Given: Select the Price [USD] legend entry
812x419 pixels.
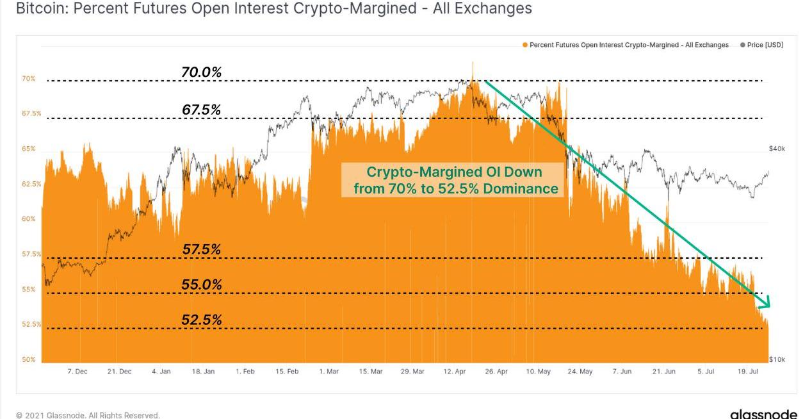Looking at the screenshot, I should pyautogui.click(x=761, y=45).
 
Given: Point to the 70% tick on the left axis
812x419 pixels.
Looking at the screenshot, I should pyautogui.click(x=29, y=79).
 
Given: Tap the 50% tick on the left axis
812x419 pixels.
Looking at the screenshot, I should pyautogui.click(x=29, y=359).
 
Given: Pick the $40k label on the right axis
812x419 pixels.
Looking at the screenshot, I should pyautogui.click(x=777, y=149).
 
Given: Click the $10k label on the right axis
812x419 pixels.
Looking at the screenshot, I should pyautogui.click(x=777, y=359).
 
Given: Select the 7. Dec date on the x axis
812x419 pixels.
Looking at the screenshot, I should pyautogui.click(x=77, y=372).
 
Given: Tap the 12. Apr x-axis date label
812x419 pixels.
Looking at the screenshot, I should pyautogui.click(x=455, y=372).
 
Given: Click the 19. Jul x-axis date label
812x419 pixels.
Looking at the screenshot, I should pyautogui.click(x=749, y=372).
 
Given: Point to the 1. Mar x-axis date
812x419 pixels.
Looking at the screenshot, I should pyautogui.click(x=329, y=372).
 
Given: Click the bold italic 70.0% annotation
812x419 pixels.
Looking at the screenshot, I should pyautogui.click(x=202, y=72).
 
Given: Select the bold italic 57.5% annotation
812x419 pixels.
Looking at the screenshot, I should pyautogui.click(x=202, y=250).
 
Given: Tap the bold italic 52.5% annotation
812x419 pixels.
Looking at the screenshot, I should pyautogui.click(x=202, y=320).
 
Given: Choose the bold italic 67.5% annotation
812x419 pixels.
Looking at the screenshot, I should pyautogui.click(x=202, y=110).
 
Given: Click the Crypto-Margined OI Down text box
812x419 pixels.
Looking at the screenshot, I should pyautogui.click(x=453, y=180).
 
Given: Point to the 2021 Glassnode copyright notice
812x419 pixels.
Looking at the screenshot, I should pyautogui.click(x=88, y=415).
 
